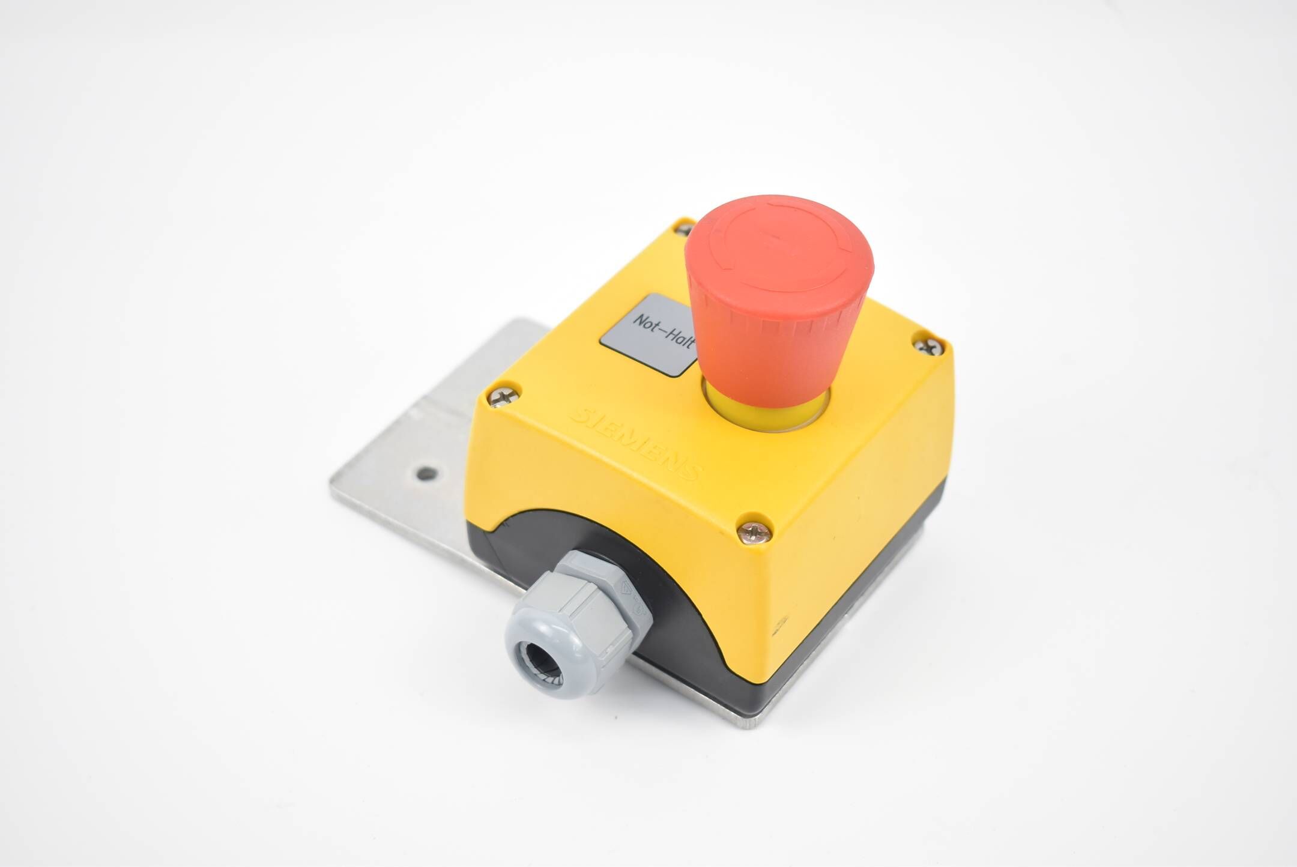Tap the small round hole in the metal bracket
click(x=426, y=474)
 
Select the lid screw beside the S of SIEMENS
click(x=501, y=396)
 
